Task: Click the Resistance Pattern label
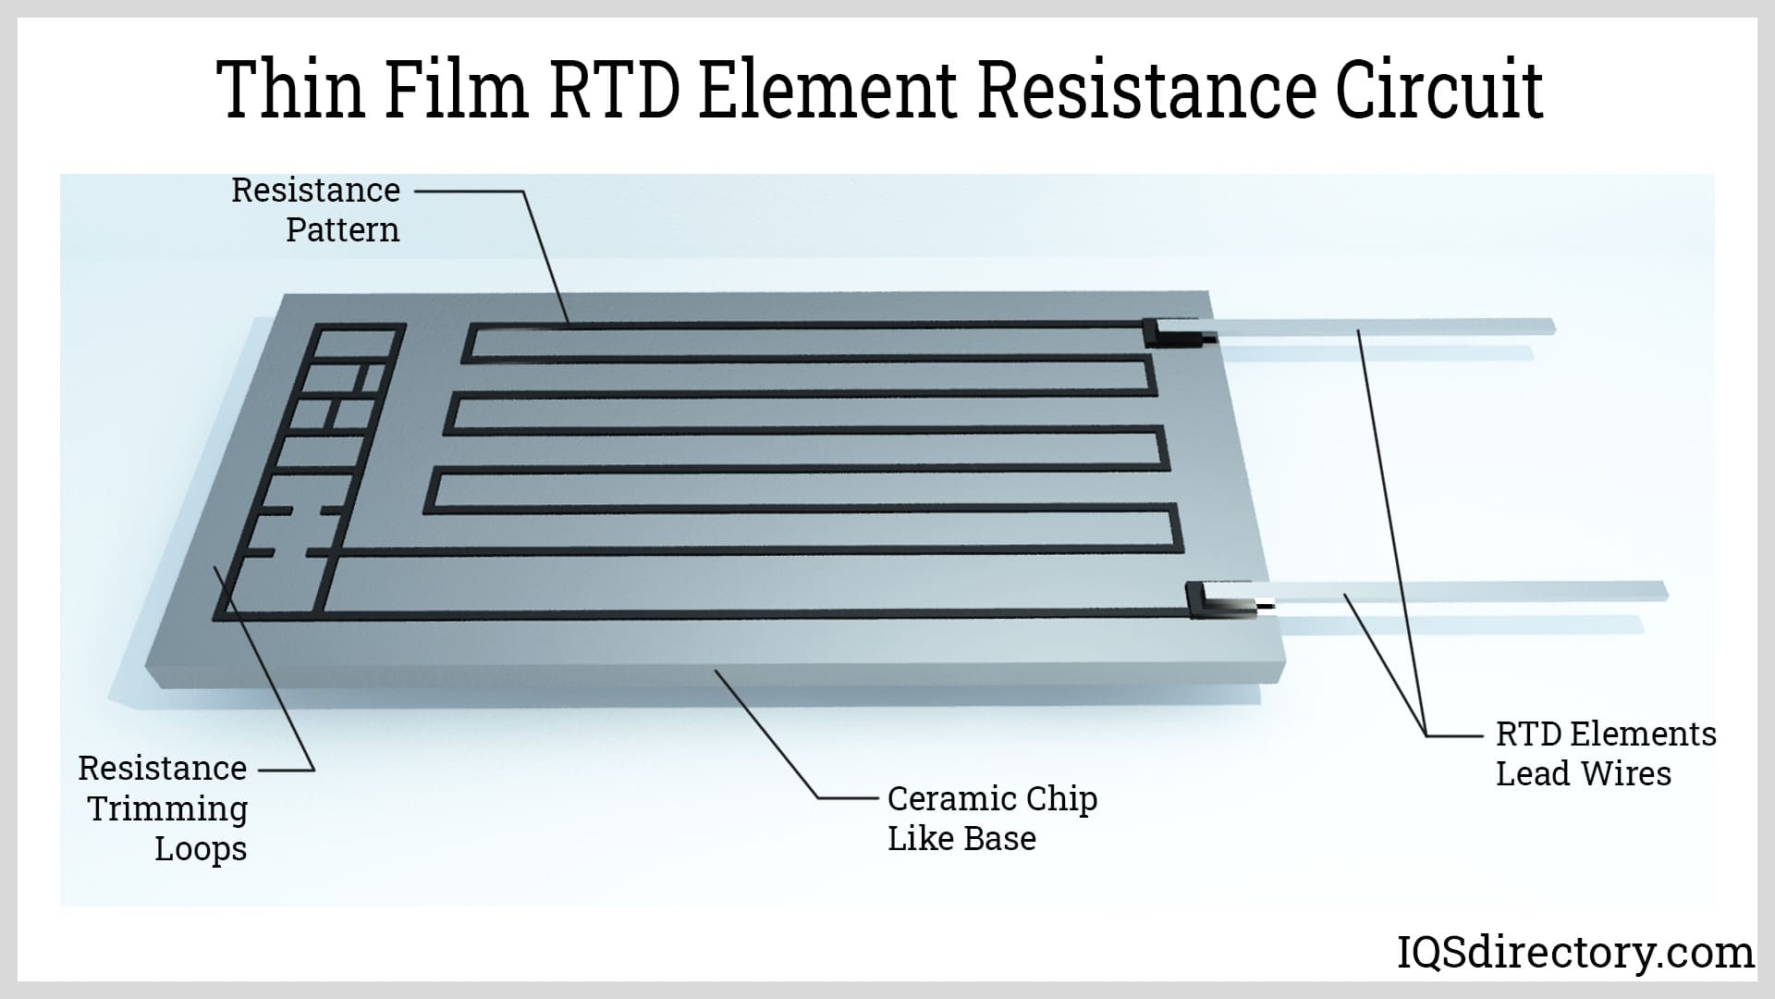coord(316,210)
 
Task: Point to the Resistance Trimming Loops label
coord(165,808)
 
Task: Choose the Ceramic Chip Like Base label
coord(992,819)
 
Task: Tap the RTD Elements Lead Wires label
coord(1606,754)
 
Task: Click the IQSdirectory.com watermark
coord(1574,952)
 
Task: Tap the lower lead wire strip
coord(1479,592)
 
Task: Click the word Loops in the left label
coord(201,848)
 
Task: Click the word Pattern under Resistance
coord(343,230)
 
